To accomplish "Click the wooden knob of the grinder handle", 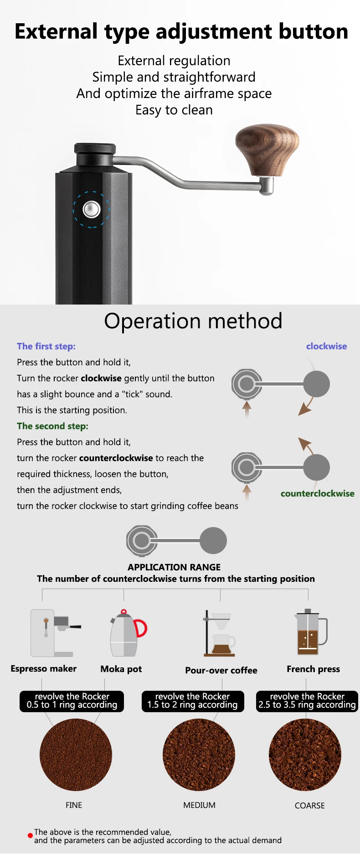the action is pyautogui.click(x=267, y=150).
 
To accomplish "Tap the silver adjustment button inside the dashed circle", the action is pyautogui.click(x=91, y=209).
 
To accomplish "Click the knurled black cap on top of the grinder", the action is pyautogui.click(x=95, y=149).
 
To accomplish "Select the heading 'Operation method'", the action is pyautogui.click(x=193, y=321).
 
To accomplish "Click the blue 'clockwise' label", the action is pyautogui.click(x=326, y=346).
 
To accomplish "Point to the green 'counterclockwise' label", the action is pyautogui.click(x=317, y=493).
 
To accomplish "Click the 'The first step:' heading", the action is pyautogui.click(x=46, y=346).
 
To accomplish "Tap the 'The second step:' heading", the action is pyautogui.click(x=52, y=426).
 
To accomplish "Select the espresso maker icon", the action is pyautogui.click(x=55, y=632).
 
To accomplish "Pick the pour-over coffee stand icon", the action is pyautogui.click(x=220, y=634).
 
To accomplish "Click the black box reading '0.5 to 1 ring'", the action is pyautogui.click(x=72, y=701).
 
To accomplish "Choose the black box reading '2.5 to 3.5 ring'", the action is pyautogui.click(x=307, y=701).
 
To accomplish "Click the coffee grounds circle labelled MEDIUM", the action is pyautogui.click(x=199, y=755).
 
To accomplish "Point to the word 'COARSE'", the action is pyautogui.click(x=309, y=806).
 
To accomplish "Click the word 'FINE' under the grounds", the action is pyautogui.click(x=74, y=805).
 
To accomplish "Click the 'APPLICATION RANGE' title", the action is pyautogui.click(x=174, y=567).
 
